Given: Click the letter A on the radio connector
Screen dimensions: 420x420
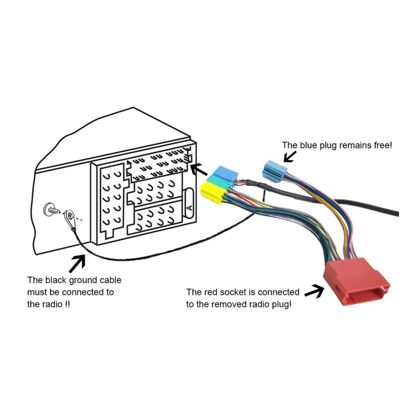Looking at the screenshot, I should coord(189,207).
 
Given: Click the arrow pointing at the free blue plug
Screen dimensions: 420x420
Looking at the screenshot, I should coord(290,156).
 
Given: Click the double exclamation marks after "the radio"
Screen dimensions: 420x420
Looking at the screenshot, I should coord(67,304).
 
